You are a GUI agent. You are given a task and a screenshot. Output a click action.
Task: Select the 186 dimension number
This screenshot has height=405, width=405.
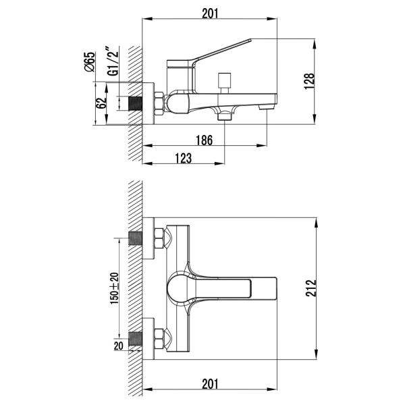coord(206,140)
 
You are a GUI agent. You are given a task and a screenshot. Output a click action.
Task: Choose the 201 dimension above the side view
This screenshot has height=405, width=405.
coord(211,11)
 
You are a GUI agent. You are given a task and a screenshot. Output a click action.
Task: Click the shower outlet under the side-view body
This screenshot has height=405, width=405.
coord(224,116)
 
